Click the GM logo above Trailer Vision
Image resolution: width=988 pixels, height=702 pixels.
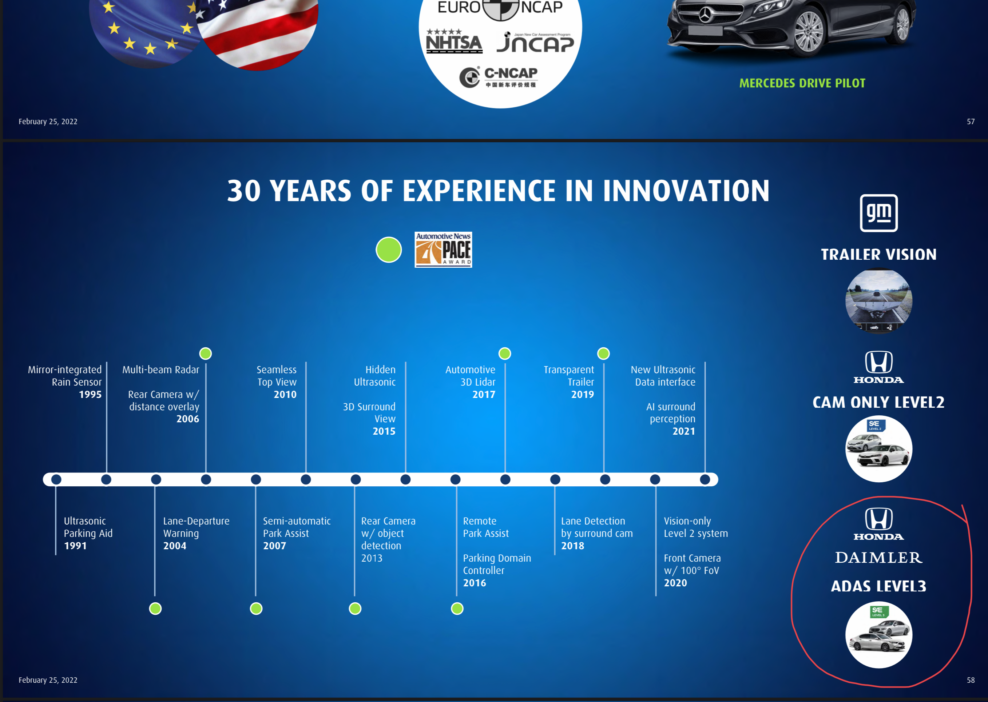[x=878, y=213]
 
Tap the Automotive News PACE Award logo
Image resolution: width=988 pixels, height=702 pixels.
[x=443, y=250]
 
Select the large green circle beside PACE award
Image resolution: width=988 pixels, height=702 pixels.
[x=389, y=250]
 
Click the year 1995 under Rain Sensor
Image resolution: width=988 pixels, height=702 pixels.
[x=90, y=395]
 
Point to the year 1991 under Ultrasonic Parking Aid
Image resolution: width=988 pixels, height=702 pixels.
[x=75, y=546]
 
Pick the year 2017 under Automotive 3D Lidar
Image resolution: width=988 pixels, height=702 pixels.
[x=484, y=395]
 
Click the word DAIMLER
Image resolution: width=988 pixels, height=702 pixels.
[x=878, y=558]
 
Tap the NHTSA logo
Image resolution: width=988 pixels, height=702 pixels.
[x=454, y=41]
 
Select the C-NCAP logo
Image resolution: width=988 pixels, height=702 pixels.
[x=499, y=77]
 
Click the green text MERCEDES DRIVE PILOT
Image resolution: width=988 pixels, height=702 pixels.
[x=802, y=83]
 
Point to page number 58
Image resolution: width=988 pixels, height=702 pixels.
[x=971, y=680]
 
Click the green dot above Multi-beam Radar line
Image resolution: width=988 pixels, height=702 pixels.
[x=205, y=354]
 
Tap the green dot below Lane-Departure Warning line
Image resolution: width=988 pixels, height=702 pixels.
[x=155, y=609]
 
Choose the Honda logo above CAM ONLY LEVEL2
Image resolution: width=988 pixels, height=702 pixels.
[x=878, y=367]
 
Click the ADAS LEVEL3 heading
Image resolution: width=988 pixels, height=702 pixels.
[x=878, y=586]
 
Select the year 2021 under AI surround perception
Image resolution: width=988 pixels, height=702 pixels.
[x=684, y=431]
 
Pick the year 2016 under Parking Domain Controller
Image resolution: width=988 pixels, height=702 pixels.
[x=474, y=583]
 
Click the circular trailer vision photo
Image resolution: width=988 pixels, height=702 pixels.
[x=878, y=301]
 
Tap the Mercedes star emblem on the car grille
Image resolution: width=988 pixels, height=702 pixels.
[x=705, y=16]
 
